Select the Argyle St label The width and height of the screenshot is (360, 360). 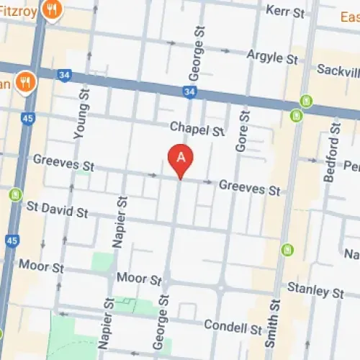click(x=272, y=55)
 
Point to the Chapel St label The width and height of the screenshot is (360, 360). click(x=198, y=129)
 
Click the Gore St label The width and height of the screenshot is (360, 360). click(x=242, y=130)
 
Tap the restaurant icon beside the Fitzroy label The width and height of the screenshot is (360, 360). click(x=51, y=9)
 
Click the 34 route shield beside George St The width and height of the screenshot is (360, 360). click(x=189, y=91)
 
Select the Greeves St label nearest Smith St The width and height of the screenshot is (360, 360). click(x=249, y=189)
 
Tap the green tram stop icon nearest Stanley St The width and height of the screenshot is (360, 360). click(x=288, y=250)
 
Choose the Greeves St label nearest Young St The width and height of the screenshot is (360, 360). click(x=63, y=163)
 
